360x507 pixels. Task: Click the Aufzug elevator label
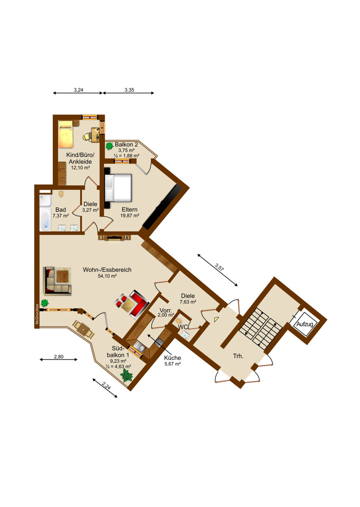coord(305,324)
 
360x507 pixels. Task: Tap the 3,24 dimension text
coord(78,90)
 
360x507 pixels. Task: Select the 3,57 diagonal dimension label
coord(219,267)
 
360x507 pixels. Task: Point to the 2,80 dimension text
coord(59,357)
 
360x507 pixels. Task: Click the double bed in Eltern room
coord(118,188)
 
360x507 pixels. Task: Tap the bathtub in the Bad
coord(45,219)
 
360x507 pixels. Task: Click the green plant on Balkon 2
coord(110,146)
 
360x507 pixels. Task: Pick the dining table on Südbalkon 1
coord(83,329)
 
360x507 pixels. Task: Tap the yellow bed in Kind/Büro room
coord(65,134)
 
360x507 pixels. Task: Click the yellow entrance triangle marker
coord(216,319)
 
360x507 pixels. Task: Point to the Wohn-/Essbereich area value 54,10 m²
coord(107,276)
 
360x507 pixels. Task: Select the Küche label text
coord(172,358)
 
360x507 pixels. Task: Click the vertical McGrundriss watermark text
coord(37,314)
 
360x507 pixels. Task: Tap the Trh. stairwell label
coord(238,356)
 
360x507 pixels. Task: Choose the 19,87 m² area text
coord(130,215)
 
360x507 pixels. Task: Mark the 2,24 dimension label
coord(106,385)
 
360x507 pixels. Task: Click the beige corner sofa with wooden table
coord(57,281)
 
